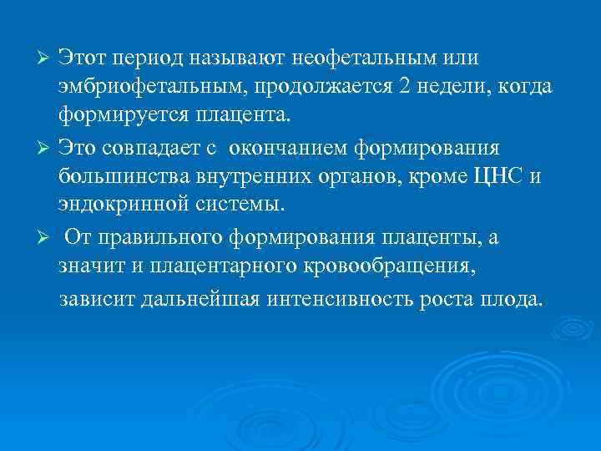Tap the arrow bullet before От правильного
[48, 240]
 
